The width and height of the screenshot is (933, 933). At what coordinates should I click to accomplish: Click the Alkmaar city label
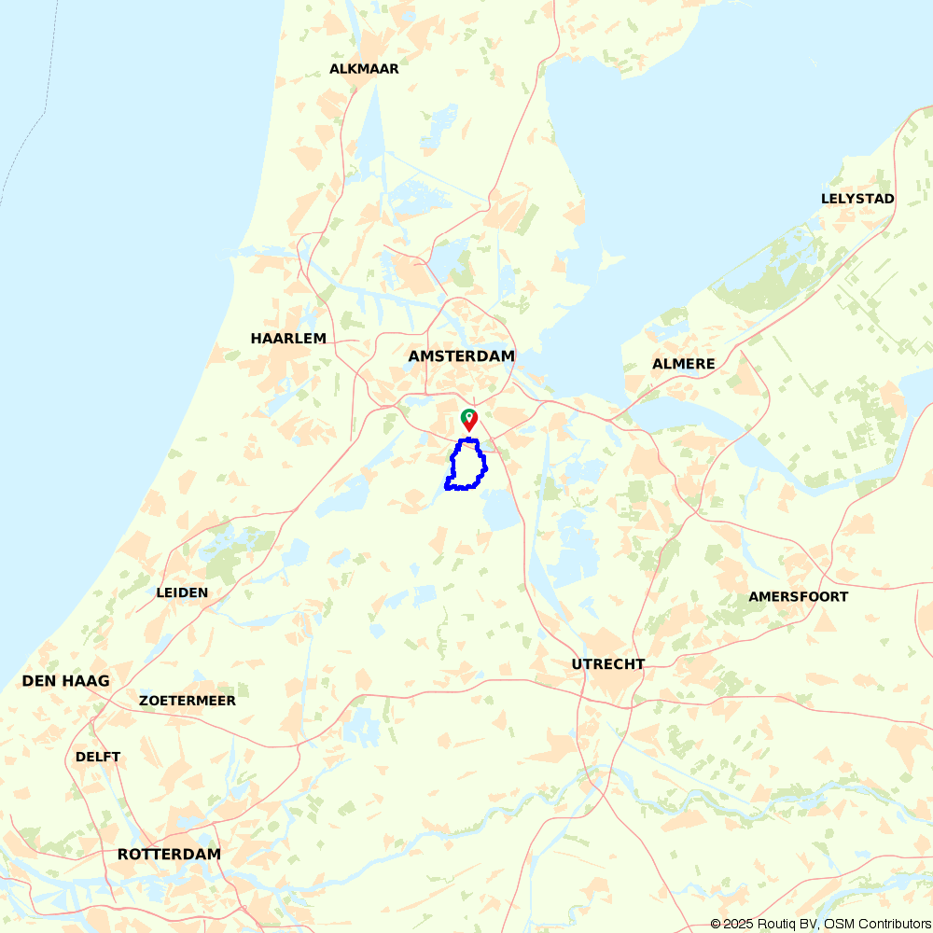click(364, 69)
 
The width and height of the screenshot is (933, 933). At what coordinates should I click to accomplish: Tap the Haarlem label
click(288, 339)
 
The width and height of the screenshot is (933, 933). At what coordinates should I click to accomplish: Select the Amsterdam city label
click(461, 356)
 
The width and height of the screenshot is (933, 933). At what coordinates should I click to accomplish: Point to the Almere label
click(684, 364)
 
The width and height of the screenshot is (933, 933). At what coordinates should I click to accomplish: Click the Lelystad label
click(857, 199)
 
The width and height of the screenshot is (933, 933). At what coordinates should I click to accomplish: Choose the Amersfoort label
click(798, 597)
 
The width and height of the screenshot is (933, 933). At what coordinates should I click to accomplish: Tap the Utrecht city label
click(608, 664)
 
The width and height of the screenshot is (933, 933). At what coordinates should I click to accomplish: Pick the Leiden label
click(182, 592)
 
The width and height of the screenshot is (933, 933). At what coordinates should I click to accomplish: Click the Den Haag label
click(65, 681)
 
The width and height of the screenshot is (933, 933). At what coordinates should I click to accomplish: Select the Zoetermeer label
click(188, 701)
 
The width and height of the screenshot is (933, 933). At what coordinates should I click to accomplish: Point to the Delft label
click(98, 757)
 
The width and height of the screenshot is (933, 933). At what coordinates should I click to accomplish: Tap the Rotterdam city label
click(169, 855)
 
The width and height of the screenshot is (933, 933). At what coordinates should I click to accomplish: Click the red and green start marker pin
click(469, 419)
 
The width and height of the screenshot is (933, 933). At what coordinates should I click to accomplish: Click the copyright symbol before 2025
click(716, 924)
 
